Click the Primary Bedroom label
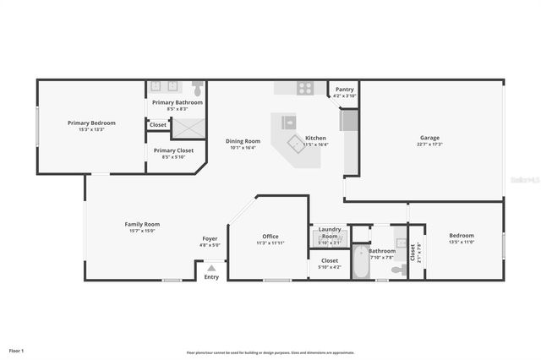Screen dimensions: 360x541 click(x=91, y=123)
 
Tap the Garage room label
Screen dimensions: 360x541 click(x=429, y=138)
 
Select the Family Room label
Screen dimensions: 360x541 click(x=142, y=224)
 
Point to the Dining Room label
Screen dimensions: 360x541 click(x=242, y=141)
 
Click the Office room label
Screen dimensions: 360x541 click(x=270, y=237)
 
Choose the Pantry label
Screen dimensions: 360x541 click(x=345, y=90)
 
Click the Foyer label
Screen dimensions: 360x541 click(x=210, y=238)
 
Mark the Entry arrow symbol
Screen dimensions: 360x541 click(x=211, y=269)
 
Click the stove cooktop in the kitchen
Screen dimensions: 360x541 click(x=305, y=86)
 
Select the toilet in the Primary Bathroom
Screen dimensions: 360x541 click(x=197, y=86)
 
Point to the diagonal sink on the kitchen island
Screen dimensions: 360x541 click(x=295, y=143)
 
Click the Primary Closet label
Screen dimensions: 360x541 click(x=173, y=150)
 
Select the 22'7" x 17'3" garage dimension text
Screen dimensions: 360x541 click(x=429, y=145)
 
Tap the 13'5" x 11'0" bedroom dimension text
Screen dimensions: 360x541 click(x=461, y=243)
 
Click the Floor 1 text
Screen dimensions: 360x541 click(x=17, y=350)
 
